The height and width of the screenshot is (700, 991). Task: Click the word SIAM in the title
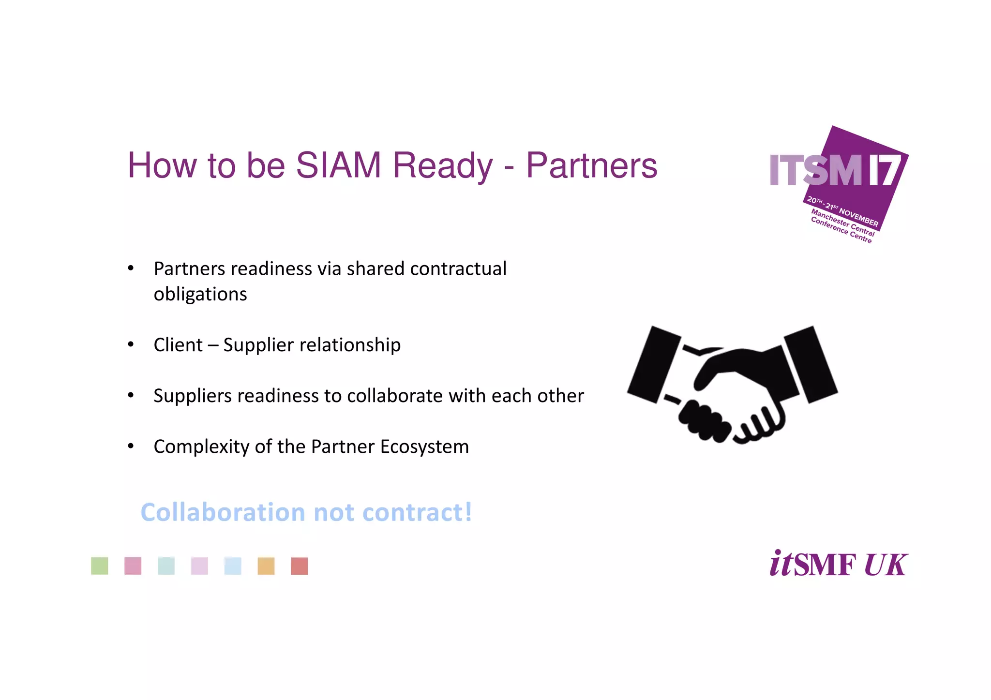coord(338,165)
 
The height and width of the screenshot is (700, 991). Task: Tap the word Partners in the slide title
coord(591,165)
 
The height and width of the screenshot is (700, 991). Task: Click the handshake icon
coord(732,384)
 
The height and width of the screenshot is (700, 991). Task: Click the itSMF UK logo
coord(839,564)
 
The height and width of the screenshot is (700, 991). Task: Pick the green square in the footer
coord(100,566)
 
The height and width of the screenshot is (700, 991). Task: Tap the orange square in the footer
coord(266,566)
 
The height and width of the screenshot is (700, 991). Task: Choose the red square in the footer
coord(300,566)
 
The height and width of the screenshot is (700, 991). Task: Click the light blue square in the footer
coord(233,566)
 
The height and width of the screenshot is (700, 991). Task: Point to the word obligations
coord(200,294)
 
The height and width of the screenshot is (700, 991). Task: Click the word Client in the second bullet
coord(178,345)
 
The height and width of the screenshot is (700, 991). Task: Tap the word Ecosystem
coord(424,447)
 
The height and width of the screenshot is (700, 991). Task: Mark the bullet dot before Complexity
coord(131,446)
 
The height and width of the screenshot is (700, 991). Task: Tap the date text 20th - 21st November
coord(842,211)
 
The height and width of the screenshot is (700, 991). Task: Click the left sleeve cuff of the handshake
coord(653,364)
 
